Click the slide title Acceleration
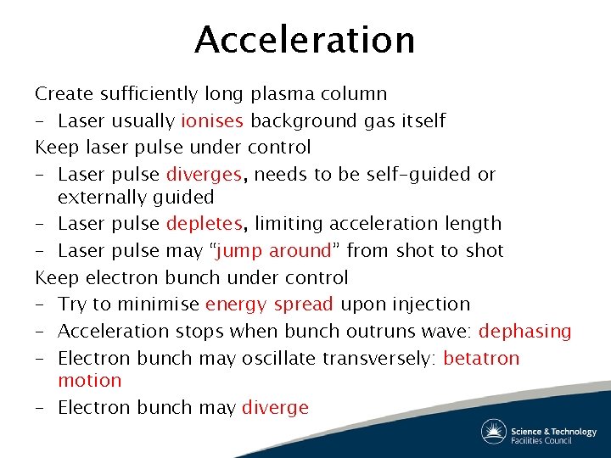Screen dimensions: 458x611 click(305, 40)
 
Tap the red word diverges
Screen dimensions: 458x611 click(205, 174)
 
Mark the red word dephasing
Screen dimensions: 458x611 click(524, 331)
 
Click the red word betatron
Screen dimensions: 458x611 click(481, 358)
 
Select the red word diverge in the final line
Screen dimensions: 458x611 click(275, 408)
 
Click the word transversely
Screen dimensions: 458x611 click(379, 358)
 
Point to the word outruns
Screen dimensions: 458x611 click(379, 331)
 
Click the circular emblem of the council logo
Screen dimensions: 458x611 click(494, 432)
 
